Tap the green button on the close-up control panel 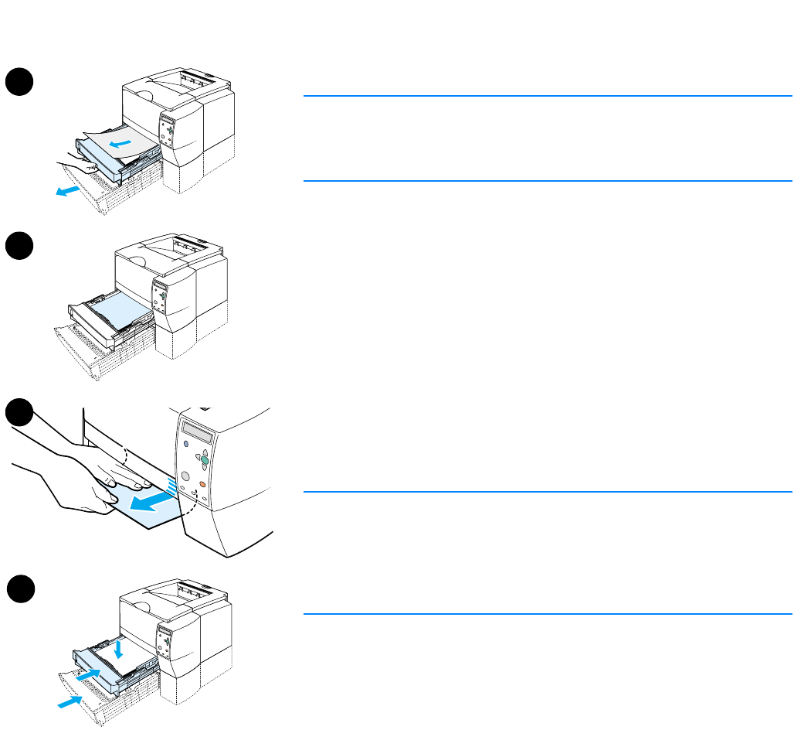[205, 459]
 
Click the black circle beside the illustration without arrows [19, 247]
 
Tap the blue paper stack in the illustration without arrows [116, 310]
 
